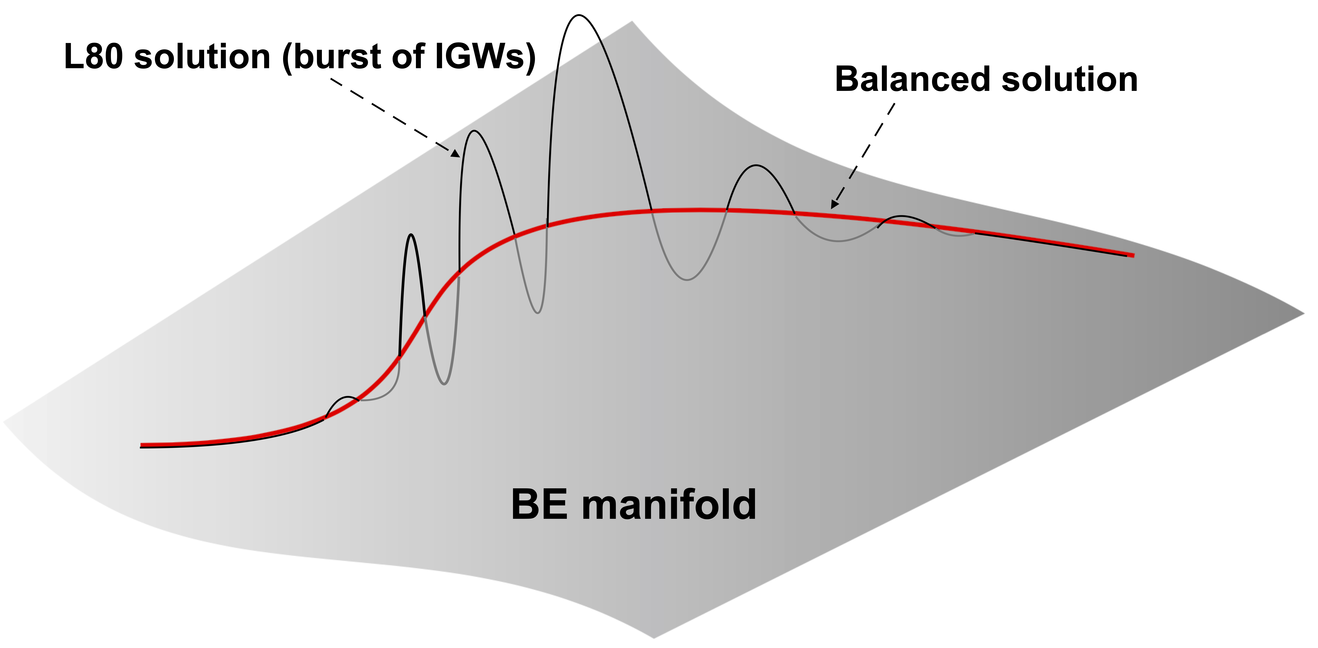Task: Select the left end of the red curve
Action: point(142,446)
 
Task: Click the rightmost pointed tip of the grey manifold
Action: point(1304,314)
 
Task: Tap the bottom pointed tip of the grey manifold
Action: point(654,637)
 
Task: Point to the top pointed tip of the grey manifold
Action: point(632,21)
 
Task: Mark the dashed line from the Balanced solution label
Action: point(865,153)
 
